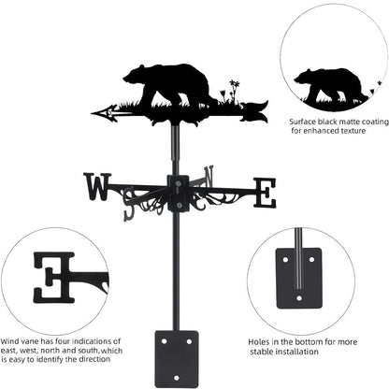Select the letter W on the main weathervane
tap(96, 187)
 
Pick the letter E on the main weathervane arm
tap(266, 193)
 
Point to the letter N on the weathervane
tap(209, 175)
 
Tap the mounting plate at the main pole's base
tap(175, 355)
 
